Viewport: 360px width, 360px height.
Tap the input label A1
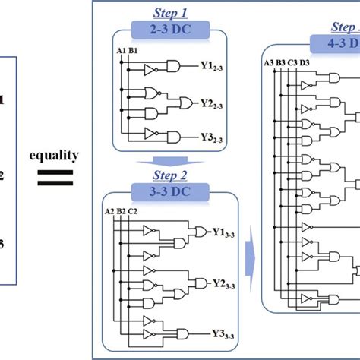tap(121, 51)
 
